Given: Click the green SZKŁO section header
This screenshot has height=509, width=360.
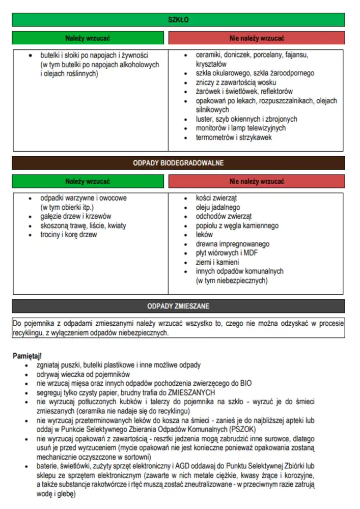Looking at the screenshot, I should click(178, 20).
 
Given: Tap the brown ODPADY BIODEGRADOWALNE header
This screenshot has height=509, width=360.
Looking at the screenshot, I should click(178, 163).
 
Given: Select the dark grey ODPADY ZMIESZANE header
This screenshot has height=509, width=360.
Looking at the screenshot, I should click(178, 306).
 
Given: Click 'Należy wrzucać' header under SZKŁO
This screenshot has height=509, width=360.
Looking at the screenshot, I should click(88, 38).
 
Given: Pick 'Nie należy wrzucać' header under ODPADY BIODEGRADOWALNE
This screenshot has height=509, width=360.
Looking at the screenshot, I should click(257, 181).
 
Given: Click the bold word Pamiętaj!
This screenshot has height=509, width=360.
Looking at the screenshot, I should click(27, 355).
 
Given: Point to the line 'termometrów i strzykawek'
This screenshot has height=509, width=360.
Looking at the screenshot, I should click(234, 137).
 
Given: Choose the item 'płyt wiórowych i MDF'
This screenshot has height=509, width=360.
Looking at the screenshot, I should click(228, 253).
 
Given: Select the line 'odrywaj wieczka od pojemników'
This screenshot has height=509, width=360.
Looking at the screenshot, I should click(84, 374).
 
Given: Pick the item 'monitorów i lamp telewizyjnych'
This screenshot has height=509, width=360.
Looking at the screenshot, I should click(241, 128).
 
